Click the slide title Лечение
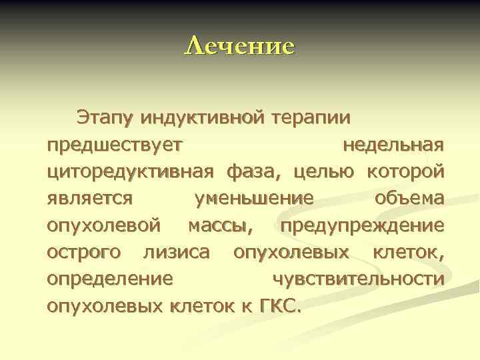point(239,46)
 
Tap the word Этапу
point(105,117)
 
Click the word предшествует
point(118,145)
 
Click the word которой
point(405,171)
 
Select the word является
point(91,198)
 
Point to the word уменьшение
point(253,198)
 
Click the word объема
point(409,198)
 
